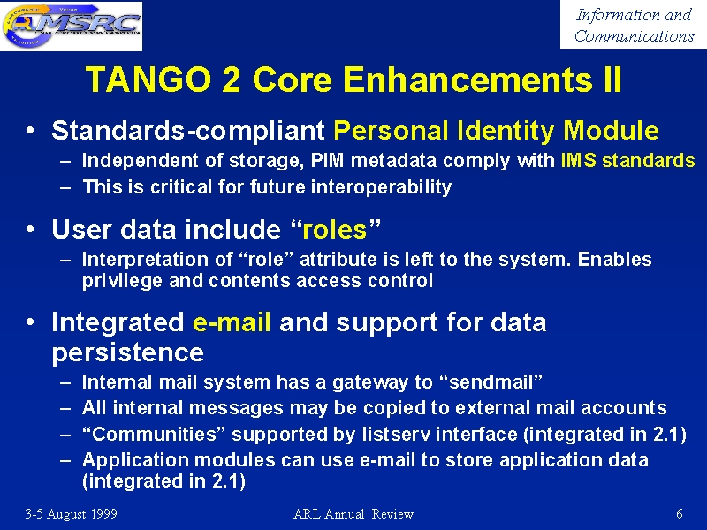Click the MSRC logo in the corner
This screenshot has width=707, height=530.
coord(72,26)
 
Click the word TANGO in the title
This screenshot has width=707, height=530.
coord(148,79)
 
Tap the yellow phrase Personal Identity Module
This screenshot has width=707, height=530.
coord(496,131)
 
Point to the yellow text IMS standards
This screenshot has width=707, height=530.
coord(627,161)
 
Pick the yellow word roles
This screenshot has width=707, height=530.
coord(335,230)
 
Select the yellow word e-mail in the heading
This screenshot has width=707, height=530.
coord(232,322)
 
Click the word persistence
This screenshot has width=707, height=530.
coord(128,352)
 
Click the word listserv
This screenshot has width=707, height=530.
coord(395,434)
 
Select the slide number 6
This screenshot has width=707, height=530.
coord(680,514)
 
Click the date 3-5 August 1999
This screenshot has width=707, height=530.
coord(72,514)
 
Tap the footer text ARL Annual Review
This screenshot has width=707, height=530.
coord(353,514)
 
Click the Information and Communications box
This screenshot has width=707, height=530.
coord(633,25)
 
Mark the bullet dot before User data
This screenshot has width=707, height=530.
coord(30,230)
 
